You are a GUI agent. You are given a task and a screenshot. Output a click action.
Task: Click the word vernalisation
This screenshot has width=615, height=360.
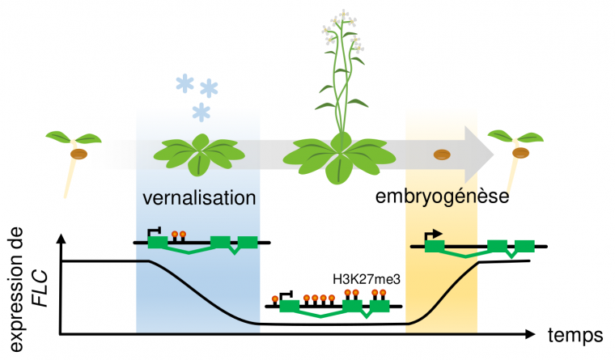tap(199, 197)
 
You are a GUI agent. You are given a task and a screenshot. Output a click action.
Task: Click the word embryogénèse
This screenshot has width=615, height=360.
tap(442, 197)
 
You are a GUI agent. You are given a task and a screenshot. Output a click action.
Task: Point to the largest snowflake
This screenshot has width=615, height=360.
tap(210, 87)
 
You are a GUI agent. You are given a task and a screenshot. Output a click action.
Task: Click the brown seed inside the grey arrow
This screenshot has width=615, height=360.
tap(440, 153)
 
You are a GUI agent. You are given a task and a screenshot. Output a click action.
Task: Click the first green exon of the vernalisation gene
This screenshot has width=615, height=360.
tap(157, 241)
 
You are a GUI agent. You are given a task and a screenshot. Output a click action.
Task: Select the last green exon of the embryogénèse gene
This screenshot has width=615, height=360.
tap(525, 246)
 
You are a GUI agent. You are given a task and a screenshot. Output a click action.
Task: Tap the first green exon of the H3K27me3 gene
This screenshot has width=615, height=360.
tap(289, 306)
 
